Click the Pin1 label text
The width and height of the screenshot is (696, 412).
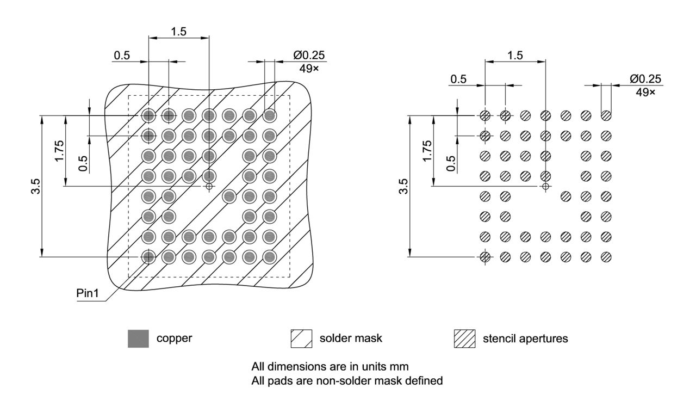click(x=87, y=293)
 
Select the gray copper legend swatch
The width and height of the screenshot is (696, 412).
click(x=138, y=339)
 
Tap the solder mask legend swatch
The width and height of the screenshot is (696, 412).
click(x=302, y=339)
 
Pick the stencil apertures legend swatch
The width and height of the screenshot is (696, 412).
click(x=464, y=339)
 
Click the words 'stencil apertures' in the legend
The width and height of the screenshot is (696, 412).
click(x=525, y=339)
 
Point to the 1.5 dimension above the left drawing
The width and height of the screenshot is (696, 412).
click(x=178, y=32)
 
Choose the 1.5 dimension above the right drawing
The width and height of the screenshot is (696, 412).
click(x=514, y=55)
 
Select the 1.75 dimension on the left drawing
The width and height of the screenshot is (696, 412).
click(x=59, y=151)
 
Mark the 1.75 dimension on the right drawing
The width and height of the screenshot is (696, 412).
click(x=427, y=151)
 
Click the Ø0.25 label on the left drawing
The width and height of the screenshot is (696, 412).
click(x=309, y=56)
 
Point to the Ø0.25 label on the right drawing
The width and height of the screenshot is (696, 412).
click(x=645, y=79)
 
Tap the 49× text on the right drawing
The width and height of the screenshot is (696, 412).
click(x=645, y=92)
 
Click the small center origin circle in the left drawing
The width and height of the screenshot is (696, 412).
click(x=209, y=186)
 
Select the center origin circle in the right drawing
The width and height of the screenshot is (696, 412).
click(x=545, y=186)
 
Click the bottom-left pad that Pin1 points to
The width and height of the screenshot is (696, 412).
click(x=148, y=256)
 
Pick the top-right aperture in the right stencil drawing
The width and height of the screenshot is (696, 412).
click(x=606, y=115)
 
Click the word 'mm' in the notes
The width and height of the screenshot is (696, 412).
click(x=401, y=366)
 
